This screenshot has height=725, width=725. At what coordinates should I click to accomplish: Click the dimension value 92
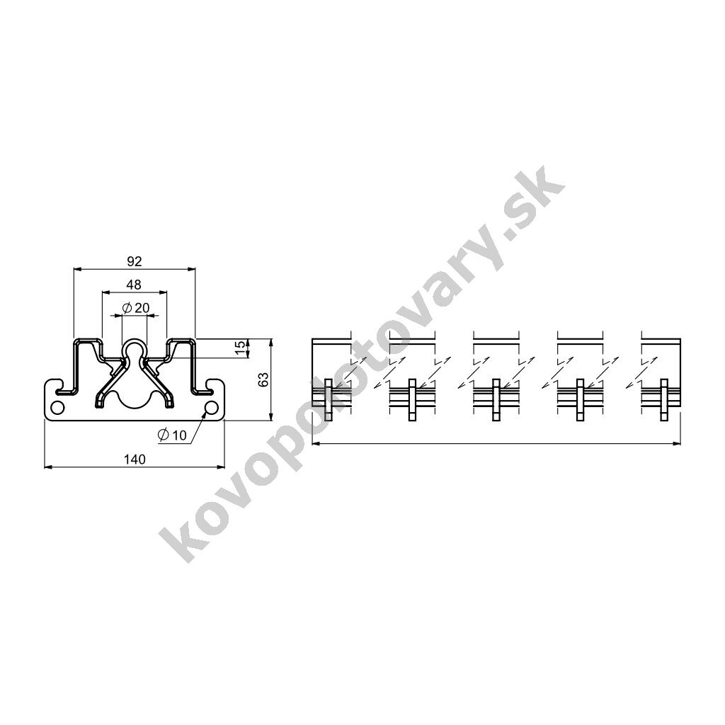click(x=134, y=262)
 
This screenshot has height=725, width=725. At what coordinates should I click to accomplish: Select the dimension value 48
click(x=134, y=285)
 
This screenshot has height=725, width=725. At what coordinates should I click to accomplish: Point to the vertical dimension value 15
click(x=239, y=348)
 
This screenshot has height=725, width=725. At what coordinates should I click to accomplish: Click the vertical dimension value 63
click(x=263, y=379)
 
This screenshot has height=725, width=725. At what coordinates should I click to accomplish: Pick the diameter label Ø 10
click(x=172, y=435)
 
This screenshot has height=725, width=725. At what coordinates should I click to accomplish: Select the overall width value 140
click(x=135, y=459)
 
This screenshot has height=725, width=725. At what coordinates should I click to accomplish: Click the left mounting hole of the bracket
click(x=58, y=408)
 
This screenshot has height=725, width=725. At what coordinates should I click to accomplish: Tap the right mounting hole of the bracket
click(x=211, y=408)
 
